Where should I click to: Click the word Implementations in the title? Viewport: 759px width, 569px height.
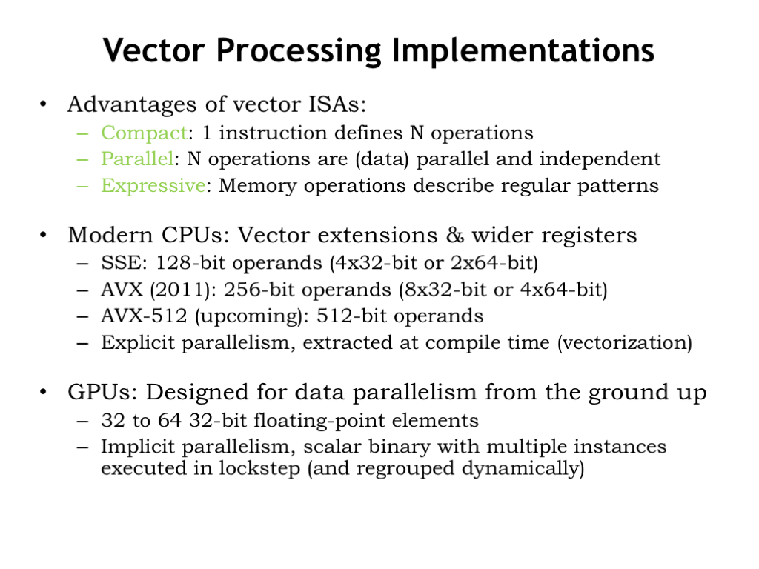click(x=523, y=51)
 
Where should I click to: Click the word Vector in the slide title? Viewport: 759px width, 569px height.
click(x=154, y=50)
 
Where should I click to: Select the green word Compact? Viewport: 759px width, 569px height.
click(x=145, y=133)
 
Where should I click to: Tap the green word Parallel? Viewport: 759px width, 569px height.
click(x=137, y=159)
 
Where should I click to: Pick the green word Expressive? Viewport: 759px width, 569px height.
click(x=153, y=186)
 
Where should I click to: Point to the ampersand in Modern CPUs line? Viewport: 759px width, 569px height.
click(x=454, y=235)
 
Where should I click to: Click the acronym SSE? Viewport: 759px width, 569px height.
click(x=122, y=263)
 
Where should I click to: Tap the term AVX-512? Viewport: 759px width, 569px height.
click(x=144, y=316)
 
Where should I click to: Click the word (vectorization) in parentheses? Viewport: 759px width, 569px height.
click(x=625, y=343)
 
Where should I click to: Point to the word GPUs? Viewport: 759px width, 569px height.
click(x=100, y=392)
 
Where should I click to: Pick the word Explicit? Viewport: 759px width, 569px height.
click(x=137, y=343)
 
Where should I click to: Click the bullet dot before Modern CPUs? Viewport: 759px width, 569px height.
click(x=44, y=235)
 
